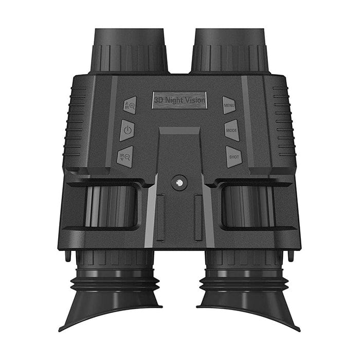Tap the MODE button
[x=231, y=130]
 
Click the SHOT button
[x=233, y=156]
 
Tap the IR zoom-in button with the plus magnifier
[x=130, y=105]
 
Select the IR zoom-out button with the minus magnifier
[x=125, y=156]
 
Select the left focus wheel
[x=111, y=206]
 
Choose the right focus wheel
[x=248, y=206]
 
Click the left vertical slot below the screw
[x=160, y=217]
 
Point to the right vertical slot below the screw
[x=198, y=217]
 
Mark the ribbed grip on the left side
[x=74, y=123]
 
